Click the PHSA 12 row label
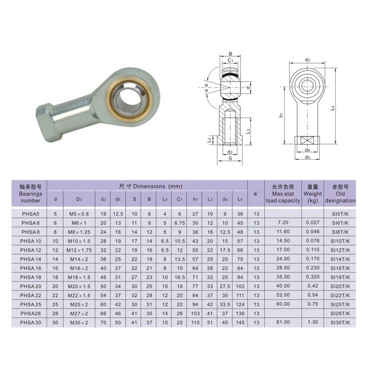pyautogui.click(x=31, y=250)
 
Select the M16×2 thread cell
pyautogui.click(x=79, y=268)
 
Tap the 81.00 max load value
pyautogui.click(x=283, y=322)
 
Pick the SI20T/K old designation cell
pyautogui.click(x=340, y=286)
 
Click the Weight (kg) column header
pyautogui.click(x=313, y=194)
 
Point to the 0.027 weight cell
pyautogui.click(x=313, y=222)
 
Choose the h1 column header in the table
pyautogui.click(x=195, y=199)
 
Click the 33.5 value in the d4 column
pyautogui.click(x=225, y=305)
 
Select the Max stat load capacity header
pyautogui.click(x=283, y=194)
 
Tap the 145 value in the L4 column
pyautogui.click(x=240, y=323)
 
